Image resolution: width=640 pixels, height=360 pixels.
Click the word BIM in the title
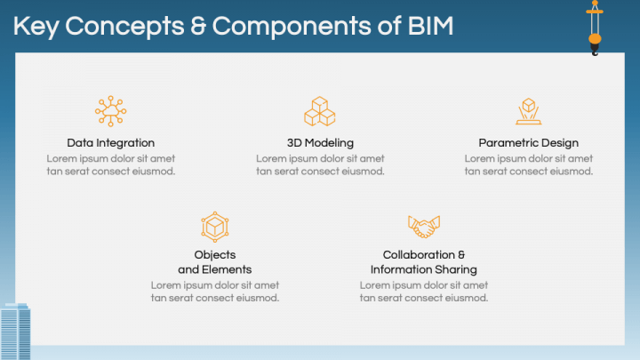click(x=430, y=26)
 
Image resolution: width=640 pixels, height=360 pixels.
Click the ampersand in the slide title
click(x=198, y=26)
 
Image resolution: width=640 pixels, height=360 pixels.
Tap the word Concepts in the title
click(x=124, y=27)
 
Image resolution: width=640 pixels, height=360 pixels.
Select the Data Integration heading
click(x=110, y=143)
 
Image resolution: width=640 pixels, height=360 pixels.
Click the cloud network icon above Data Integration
click(x=110, y=111)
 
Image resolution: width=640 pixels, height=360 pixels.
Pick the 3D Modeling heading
click(x=320, y=143)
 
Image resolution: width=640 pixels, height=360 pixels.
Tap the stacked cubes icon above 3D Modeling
click(x=320, y=111)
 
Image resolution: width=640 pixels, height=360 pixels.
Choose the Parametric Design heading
click(x=529, y=143)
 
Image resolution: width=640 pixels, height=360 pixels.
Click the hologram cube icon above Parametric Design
click(x=529, y=111)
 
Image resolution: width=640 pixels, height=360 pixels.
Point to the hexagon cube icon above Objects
click(x=215, y=227)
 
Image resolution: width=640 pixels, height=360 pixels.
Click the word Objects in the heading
click(x=215, y=255)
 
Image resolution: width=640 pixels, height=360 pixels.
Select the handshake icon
click(x=424, y=227)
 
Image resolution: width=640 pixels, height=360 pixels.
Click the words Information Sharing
click(x=424, y=270)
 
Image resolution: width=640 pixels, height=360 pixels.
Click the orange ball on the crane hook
click(x=595, y=39)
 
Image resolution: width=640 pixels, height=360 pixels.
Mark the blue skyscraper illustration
click(x=15, y=331)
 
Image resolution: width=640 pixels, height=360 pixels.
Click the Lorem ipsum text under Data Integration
click(x=110, y=165)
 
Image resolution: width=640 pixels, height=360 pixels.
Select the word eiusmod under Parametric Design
click(x=572, y=172)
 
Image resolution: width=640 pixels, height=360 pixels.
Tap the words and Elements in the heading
click(x=215, y=270)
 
